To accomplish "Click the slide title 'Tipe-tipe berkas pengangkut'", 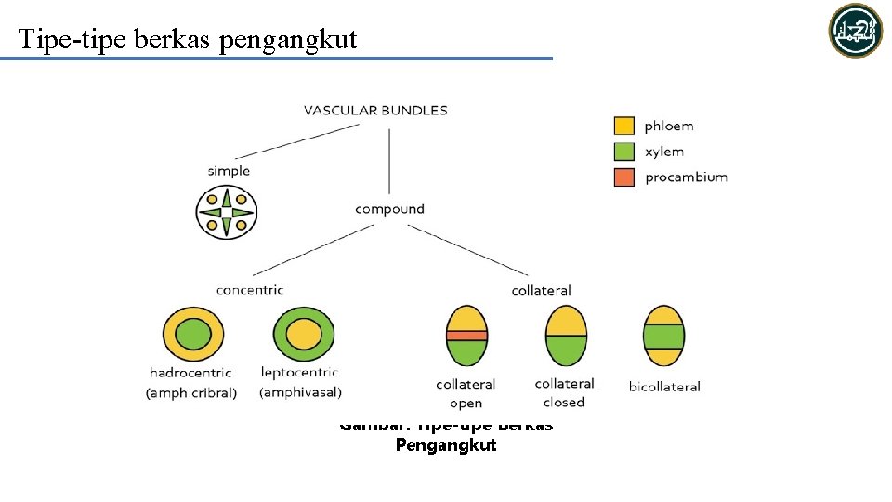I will point(187,39).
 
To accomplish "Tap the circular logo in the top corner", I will point(855,31).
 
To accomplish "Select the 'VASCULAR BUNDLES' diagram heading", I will point(375,110).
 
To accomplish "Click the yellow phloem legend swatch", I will point(624,125).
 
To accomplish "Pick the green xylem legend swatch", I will point(624,152).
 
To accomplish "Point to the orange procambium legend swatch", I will point(624,177).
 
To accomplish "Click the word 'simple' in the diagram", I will point(229,171).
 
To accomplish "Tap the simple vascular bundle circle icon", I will point(227,212).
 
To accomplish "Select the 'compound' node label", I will point(389,209).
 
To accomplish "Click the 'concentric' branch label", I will point(249,290).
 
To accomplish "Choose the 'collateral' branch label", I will point(541,290).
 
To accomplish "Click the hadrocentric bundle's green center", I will point(193,334).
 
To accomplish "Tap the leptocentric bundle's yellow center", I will point(303,334).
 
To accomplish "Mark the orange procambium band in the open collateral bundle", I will point(466,335).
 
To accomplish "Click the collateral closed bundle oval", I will point(565,335).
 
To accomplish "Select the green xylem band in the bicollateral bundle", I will point(663,335).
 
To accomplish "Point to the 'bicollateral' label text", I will point(664,387).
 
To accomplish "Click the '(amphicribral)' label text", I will point(191,393).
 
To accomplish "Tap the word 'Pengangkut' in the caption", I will point(446,445).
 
